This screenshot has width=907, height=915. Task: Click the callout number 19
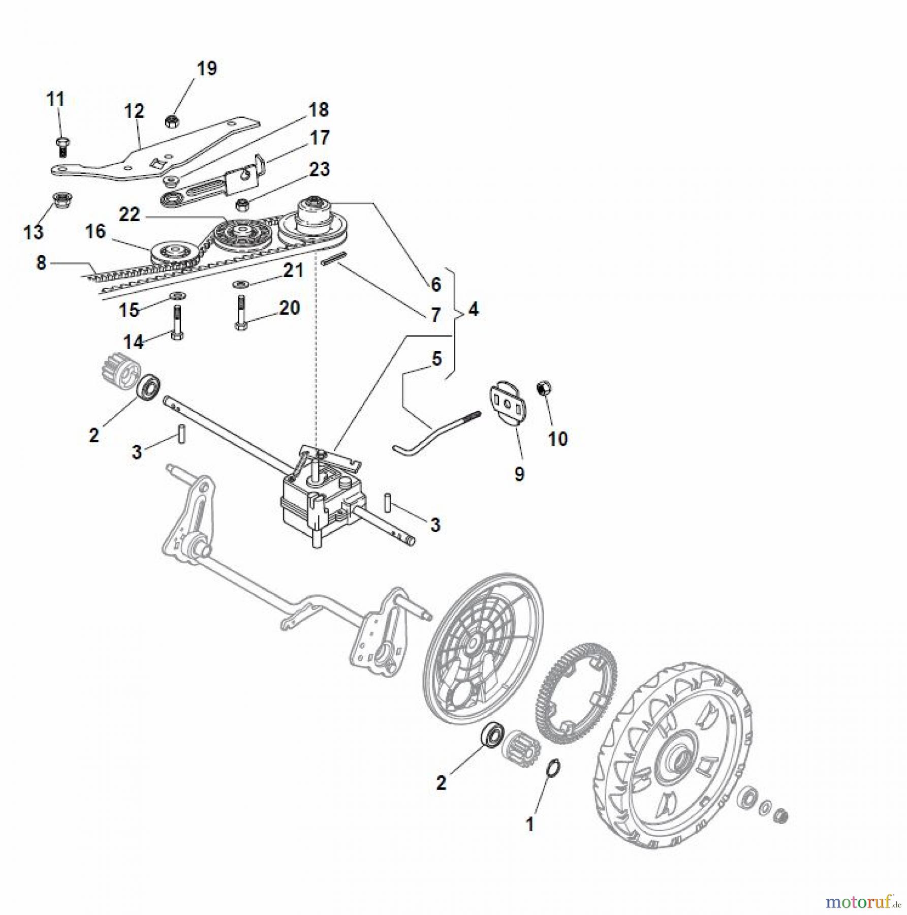pyautogui.click(x=206, y=69)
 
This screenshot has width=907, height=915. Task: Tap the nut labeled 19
pyautogui.click(x=171, y=121)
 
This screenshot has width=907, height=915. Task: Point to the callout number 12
pyautogui.click(x=134, y=111)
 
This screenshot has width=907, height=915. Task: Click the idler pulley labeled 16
pyautogui.click(x=173, y=252)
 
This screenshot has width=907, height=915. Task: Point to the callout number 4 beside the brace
pyautogui.click(x=473, y=309)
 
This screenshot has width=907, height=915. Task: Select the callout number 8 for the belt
pyautogui.click(x=41, y=263)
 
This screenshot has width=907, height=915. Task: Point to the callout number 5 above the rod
pyautogui.click(x=436, y=359)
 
